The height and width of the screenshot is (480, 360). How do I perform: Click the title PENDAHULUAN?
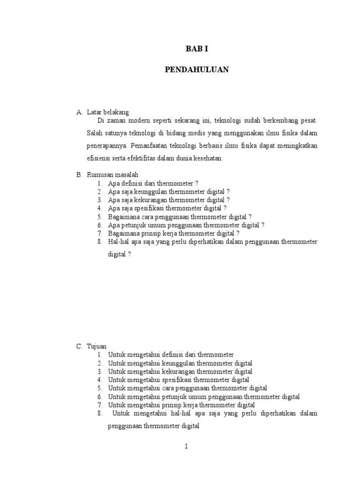(197, 69)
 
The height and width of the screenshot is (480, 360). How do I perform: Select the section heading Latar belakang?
(108, 112)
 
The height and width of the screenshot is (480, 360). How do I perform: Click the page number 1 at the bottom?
(186, 447)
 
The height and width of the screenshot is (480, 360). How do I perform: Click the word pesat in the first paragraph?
(308, 121)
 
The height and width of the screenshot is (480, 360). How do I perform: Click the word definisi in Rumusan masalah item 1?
(131, 183)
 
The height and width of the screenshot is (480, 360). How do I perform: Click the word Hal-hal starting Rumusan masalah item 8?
(117, 241)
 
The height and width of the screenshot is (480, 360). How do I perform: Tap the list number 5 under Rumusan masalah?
(100, 217)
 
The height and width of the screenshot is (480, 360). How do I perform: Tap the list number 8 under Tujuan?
(100, 413)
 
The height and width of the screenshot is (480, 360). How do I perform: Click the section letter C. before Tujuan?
(80, 346)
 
